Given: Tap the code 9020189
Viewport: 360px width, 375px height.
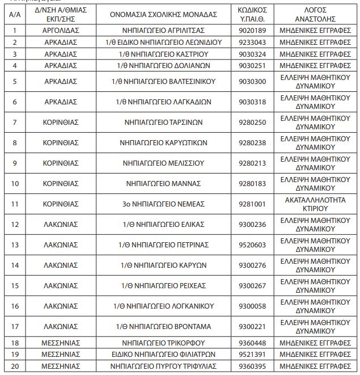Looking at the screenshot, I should click(x=252, y=30).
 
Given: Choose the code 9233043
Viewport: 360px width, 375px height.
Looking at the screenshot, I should click(x=252, y=42).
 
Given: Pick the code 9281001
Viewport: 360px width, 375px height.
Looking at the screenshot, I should click(x=252, y=204).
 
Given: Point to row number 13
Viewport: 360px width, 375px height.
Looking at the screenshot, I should click(x=15, y=245).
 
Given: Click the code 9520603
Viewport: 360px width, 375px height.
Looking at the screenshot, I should click(x=252, y=245).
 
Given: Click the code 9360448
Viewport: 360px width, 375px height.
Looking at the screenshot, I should click(x=252, y=343).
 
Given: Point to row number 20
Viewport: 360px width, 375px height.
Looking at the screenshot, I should click(x=15, y=366).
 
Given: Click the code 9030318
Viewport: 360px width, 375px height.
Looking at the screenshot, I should click(x=252, y=102).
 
